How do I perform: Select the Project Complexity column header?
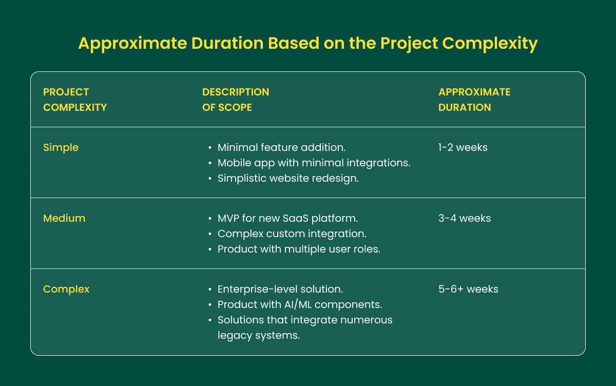[x=75, y=100]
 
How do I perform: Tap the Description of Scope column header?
[x=236, y=100]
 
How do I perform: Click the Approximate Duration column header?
[x=474, y=100]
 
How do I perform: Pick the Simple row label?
[x=61, y=147]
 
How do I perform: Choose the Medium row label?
[x=64, y=218]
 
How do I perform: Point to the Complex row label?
[x=66, y=289]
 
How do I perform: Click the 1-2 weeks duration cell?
[x=463, y=147]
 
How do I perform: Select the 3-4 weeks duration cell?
[x=465, y=218]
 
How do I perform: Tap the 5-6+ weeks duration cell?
[x=468, y=289]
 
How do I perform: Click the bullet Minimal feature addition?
[x=281, y=147]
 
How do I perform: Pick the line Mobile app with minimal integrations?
[x=314, y=163]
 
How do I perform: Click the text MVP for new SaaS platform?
[x=287, y=218]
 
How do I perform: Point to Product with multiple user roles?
[x=299, y=249]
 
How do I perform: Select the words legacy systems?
[x=258, y=335]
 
